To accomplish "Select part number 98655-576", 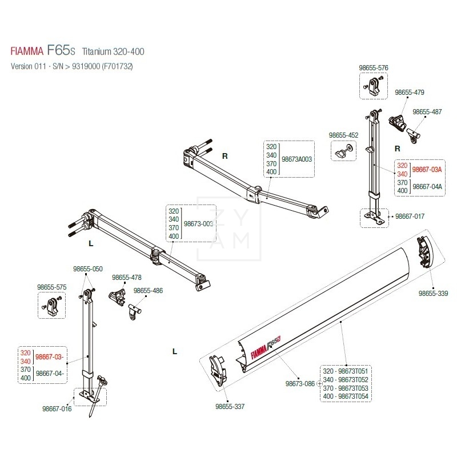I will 374,68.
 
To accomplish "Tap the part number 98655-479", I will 410,93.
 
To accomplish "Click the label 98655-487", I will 427,112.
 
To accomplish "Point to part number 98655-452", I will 343,135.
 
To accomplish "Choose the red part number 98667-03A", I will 427,170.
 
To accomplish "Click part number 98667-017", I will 411,217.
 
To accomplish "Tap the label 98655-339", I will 433,293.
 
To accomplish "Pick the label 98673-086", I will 300,383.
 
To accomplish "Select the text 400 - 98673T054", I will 346,396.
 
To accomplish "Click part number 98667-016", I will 57,408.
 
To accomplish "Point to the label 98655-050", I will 87,268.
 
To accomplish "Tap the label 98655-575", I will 53,287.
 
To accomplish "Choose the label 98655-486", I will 149,291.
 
